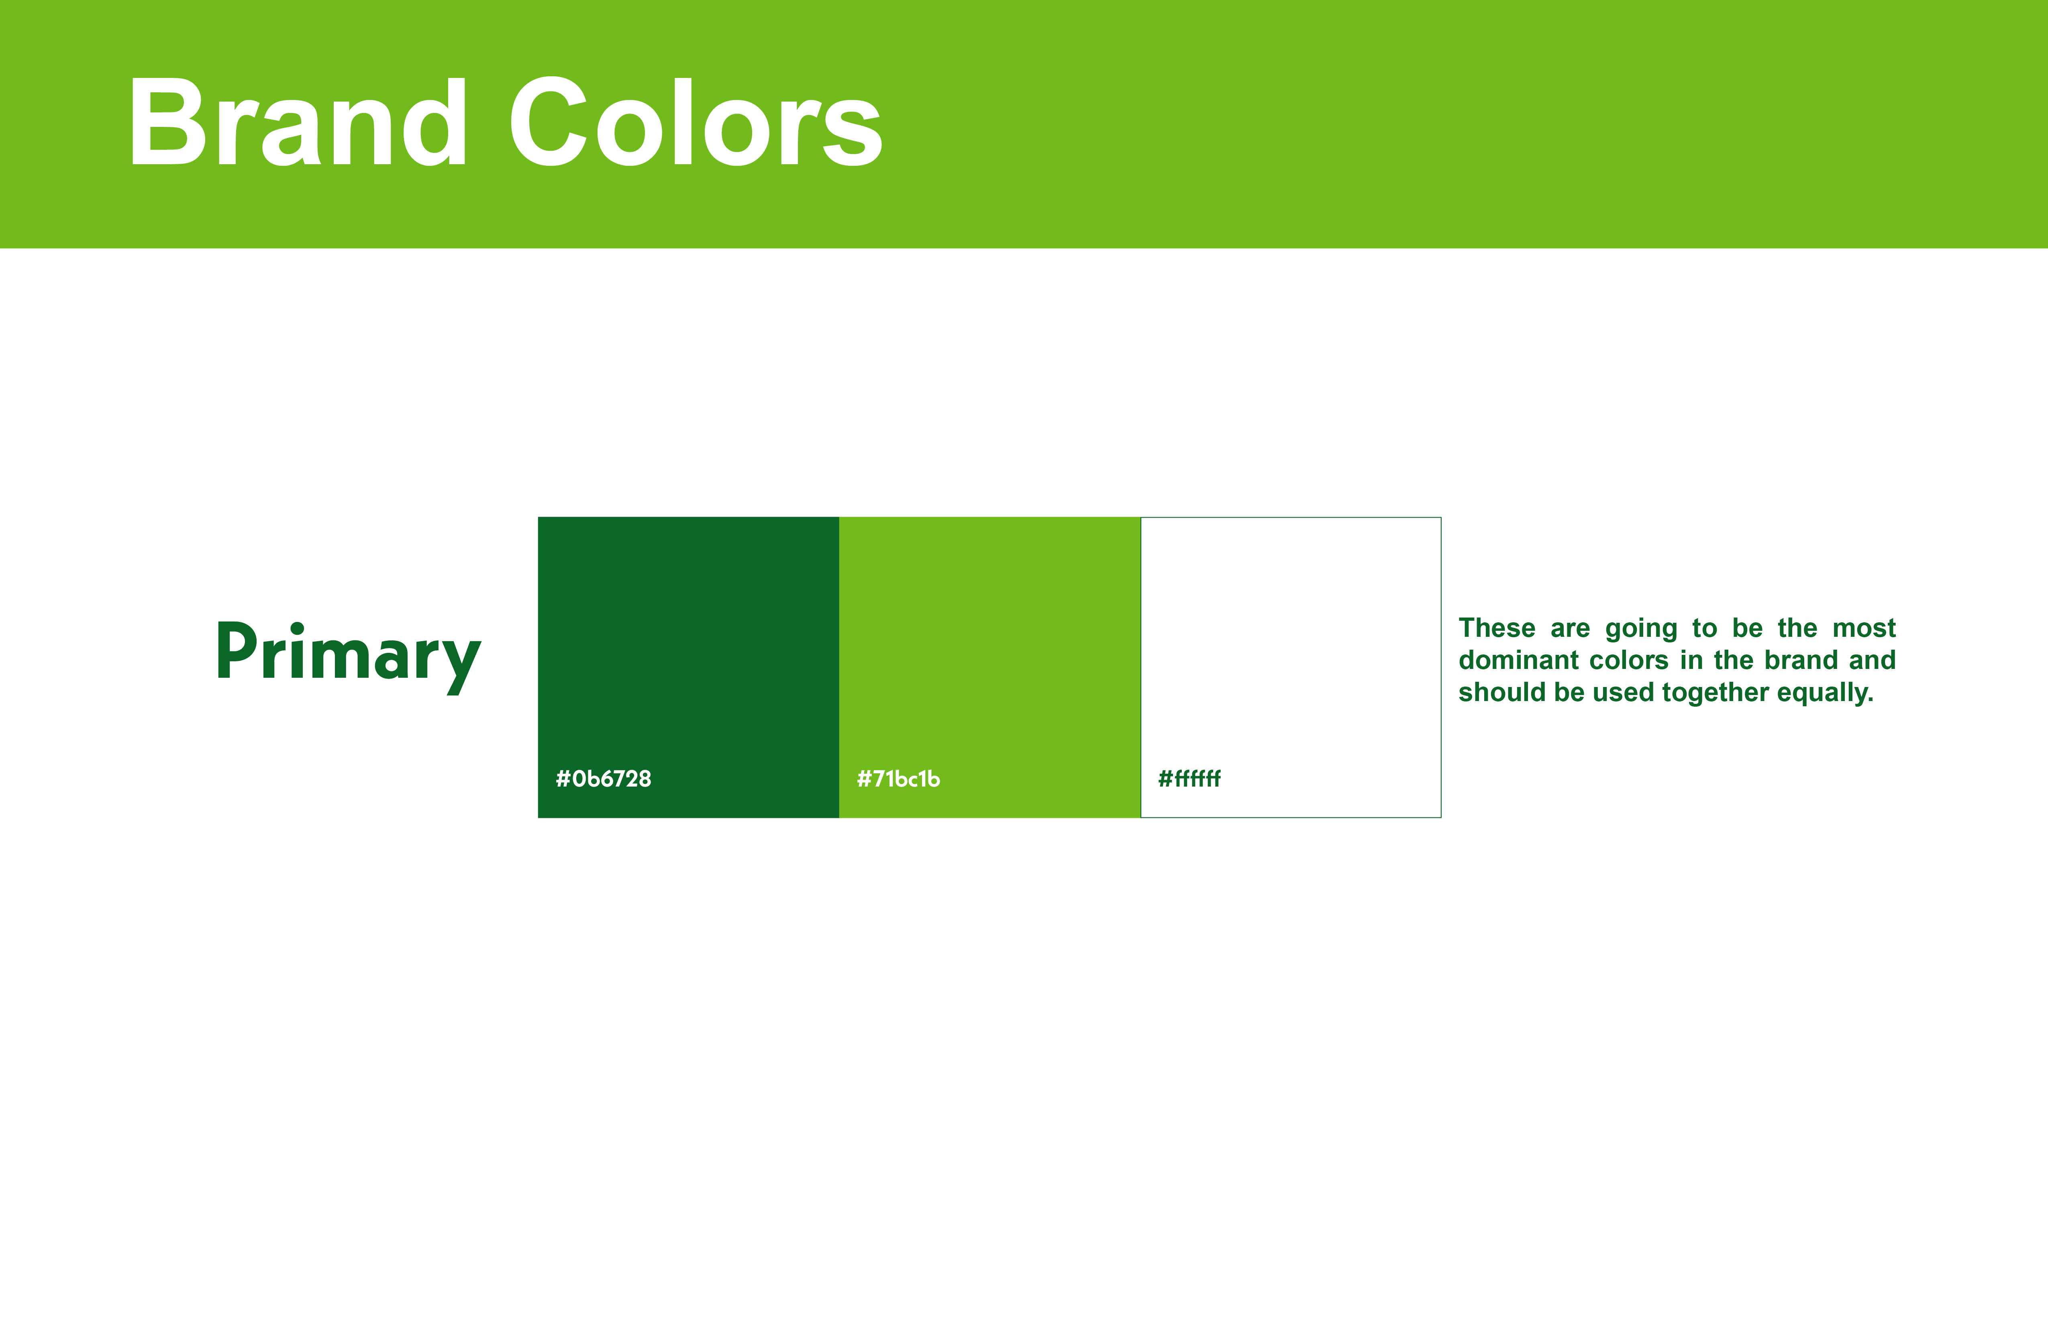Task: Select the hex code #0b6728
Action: [603, 779]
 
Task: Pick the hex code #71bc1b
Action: [898, 779]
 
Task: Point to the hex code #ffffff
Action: [1189, 779]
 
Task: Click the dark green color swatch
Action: [688, 667]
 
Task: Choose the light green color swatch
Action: [989, 667]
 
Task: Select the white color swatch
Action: [1291, 667]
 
